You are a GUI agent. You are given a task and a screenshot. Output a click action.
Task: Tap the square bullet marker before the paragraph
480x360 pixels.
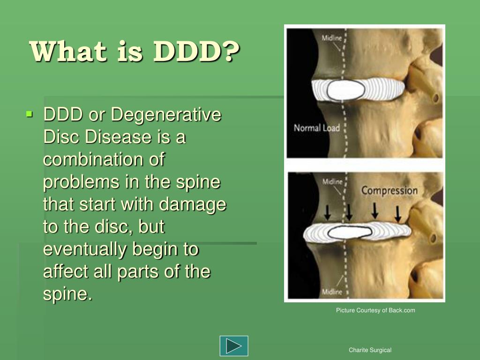click(30, 113)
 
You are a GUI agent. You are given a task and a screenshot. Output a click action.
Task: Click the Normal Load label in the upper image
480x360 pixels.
click(316, 127)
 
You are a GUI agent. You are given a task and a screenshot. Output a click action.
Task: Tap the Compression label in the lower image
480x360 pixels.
click(389, 191)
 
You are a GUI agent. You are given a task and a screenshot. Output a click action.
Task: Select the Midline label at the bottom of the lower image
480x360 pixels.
click(332, 292)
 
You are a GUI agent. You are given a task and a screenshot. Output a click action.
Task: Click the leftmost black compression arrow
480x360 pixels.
click(328, 212)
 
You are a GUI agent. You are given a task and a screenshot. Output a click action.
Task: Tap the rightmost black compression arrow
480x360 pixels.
click(397, 213)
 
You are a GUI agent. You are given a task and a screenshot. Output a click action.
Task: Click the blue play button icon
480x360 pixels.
click(234, 346)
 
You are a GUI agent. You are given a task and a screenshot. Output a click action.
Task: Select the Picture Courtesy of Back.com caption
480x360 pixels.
click(375, 310)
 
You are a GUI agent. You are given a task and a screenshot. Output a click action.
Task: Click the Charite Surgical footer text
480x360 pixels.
click(370, 350)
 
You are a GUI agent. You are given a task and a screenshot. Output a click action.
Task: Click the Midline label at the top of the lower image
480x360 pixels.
click(332, 181)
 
